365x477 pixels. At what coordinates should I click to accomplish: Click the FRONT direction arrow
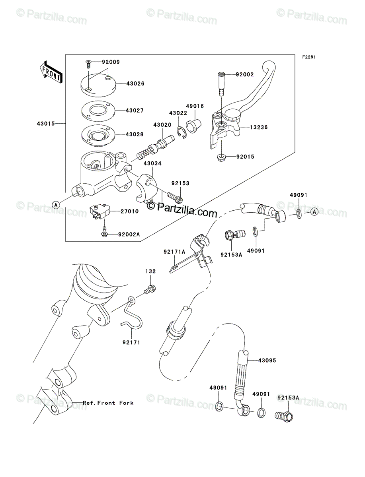(50, 72)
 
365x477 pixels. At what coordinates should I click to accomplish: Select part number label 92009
(111, 62)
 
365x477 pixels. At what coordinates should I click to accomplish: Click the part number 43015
(46, 124)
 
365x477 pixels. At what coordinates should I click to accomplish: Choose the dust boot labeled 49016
(193, 125)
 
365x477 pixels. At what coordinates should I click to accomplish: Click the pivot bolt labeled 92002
(221, 84)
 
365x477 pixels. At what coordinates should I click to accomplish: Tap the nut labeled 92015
(221, 157)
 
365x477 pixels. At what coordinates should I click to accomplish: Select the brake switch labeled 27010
(100, 211)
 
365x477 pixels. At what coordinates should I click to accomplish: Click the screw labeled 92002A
(105, 232)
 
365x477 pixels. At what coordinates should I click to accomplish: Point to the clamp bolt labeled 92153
(174, 197)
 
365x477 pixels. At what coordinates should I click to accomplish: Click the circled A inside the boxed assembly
(56, 205)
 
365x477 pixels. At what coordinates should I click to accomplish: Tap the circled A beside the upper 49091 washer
(314, 211)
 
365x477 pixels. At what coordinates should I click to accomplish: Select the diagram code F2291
(309, 57)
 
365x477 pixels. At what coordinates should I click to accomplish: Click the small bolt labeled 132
(150, 289)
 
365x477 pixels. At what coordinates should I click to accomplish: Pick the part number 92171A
(174, 252)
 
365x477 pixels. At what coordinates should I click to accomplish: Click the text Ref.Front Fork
(108, 403)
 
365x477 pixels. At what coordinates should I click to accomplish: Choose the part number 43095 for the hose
(267, 360)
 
